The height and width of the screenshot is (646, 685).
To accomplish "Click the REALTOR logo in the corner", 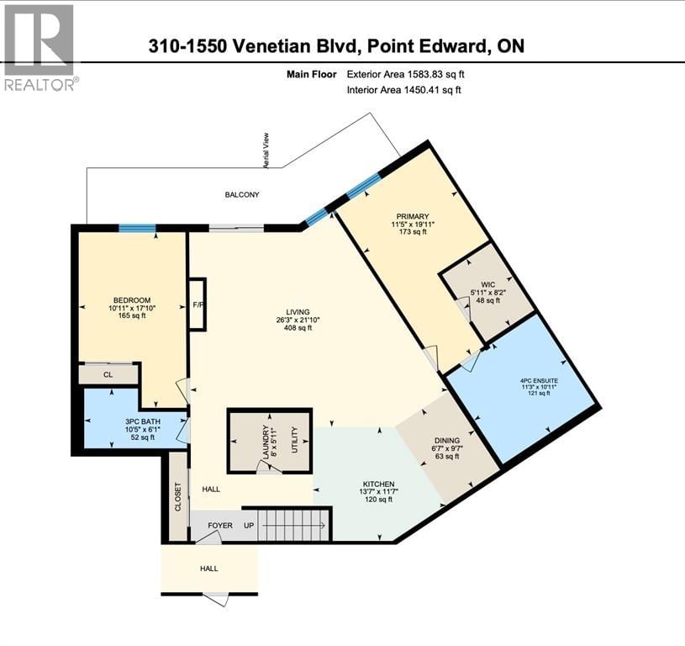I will click(39, 46).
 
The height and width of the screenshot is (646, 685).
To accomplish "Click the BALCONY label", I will click(241, 195).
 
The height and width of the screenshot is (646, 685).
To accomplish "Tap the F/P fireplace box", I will click(198, 304).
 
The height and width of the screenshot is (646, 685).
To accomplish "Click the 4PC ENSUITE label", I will click(540, 381).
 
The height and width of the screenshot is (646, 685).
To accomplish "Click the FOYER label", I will click(220, 526).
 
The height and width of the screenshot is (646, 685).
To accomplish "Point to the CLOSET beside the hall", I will click(178, 496).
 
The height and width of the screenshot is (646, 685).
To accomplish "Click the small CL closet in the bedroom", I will click(108, 375).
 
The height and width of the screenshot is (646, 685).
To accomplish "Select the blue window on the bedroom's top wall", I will click(136, 228).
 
